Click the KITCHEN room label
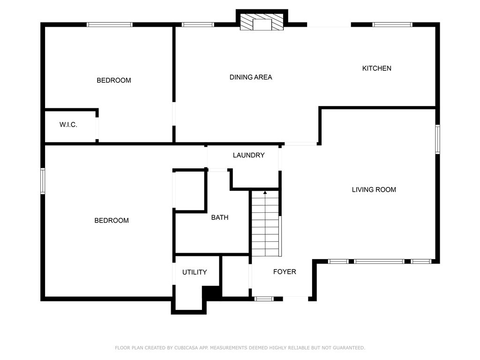point(376,68)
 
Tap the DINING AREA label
point(251,77)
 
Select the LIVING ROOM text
point(374,190)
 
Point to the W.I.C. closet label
point(68,125)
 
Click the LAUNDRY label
point(248,155)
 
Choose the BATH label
point(219,217)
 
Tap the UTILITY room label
point(195,272)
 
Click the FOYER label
point(285,272)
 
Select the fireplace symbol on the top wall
point(262,22)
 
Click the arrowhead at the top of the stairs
point(265,192)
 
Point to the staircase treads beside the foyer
point(265,225)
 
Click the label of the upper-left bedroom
point(113,81)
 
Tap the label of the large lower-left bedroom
point(112,221)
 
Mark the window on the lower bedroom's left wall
point(43,181)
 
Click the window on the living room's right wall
point(437,139)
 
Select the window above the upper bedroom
point(110,25)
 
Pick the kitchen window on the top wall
point(392,25)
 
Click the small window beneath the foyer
point(264,299)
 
